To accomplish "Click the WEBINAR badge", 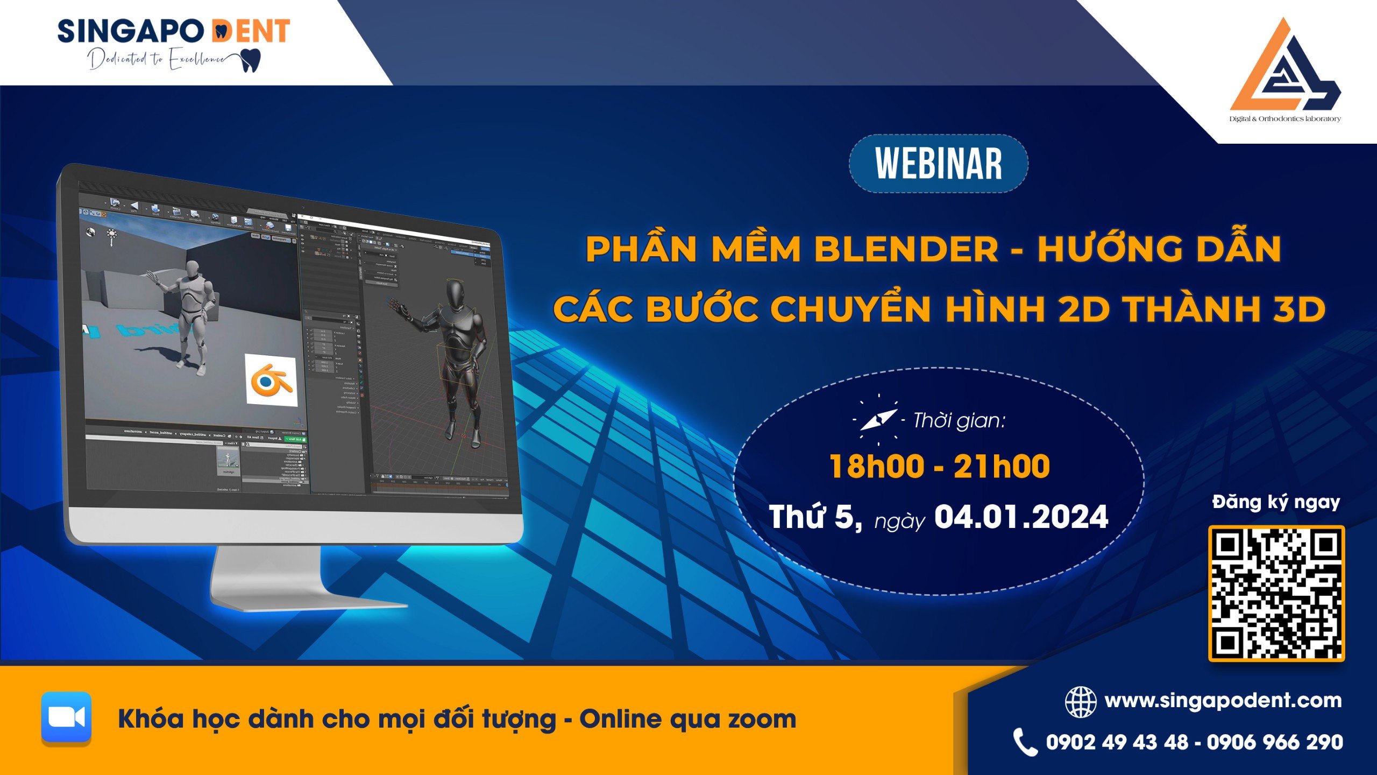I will pyautogui.click(x=939, y=164).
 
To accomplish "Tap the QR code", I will pyautogui.click(x=1276, y=593).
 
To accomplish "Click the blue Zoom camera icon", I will pyautogui.click(x=67, y=717).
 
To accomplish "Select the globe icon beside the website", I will pyautogui.click(x=1080, y=702).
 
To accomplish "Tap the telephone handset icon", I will pyautogui.click(x=1025, y=742).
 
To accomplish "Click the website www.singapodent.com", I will pyautogui.click(x=1223, y=701).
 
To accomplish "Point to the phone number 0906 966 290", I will pyautogui.click(x=1275, y=742).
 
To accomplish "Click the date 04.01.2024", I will pyautogui.click(x=1021, y=517).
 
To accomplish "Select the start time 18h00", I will pyautogui.click(x=877, y=466).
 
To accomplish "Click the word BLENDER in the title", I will pyautogui.click(x=906, y=249).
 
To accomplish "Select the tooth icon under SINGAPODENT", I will pyautogui.click(x=251, y=60).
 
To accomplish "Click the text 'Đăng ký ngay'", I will pyautogui.click(x=1276, y=502).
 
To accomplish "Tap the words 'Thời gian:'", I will pyautogui.click(x=959, y=420).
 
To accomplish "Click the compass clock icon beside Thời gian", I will pyautogui.click(x=878, y=420).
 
